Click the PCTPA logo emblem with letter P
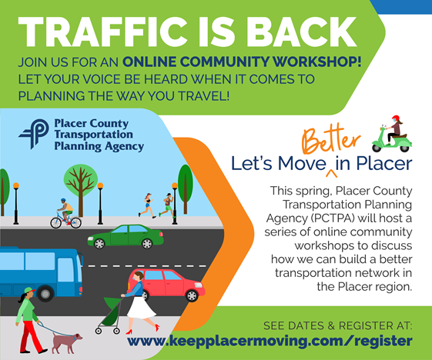pyautogui.click(x=34, y=134)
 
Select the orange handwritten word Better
pyautogui.click(x=331, y=140)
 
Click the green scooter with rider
pyautogui.click(x=392, y=135)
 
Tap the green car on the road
pyautogui.click(x=126, y=237)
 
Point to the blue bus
pyautogui.click(x=41, y=274)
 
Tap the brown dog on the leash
pyautogui.click(x=67, y=342)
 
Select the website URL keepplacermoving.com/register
pyautogui.click(x=270, y=342)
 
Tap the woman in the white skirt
pyautogui.click(x=140, y=302)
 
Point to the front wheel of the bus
pyautogui.click(x=45, y=294)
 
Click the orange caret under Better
pyautogui.click(x=331, y=173)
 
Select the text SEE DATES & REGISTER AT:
pyautogui.click(x=338, y=326)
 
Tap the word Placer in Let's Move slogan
pyautogui.click(x=384, y=164)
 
